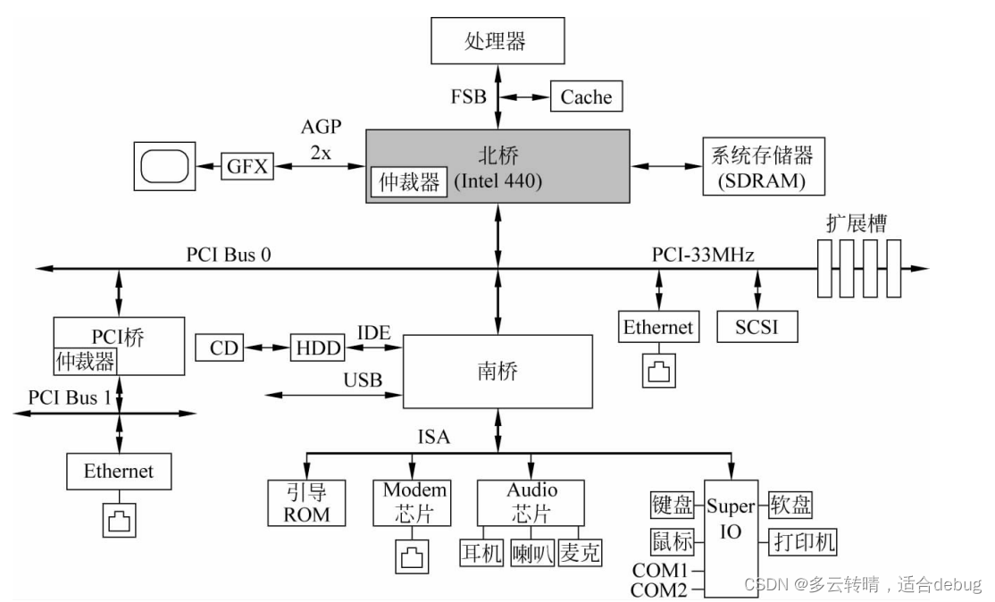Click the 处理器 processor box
(x=497, y=41)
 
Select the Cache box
(x=586, y=96)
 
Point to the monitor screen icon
(x=164, y=164)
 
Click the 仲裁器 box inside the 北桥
(x=408, y=183)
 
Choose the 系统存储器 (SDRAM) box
(x=762, y=166)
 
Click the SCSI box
(x=757, y=327)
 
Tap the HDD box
(x=317, y=347)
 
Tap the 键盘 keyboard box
(x=672, y=506)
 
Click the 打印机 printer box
(x=803, y=541)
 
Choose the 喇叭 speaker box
(x=532, y=554)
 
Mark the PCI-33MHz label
(x=703, y=255)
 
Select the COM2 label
(x=659, y=589)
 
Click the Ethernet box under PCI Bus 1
(x=119, y=471)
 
